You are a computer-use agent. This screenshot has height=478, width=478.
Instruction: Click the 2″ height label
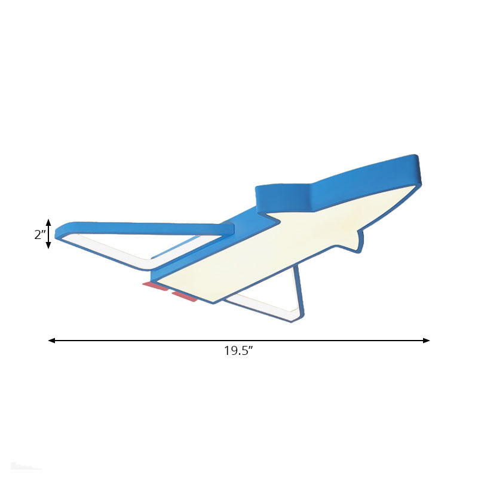(39, 235)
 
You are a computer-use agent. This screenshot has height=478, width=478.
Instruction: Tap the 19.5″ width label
(239, 351)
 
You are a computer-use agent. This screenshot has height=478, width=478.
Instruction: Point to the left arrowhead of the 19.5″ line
(52, 341)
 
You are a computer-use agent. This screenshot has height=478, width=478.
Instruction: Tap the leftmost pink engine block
(155, 287)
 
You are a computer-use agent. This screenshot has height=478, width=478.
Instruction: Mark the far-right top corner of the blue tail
(422, 160)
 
